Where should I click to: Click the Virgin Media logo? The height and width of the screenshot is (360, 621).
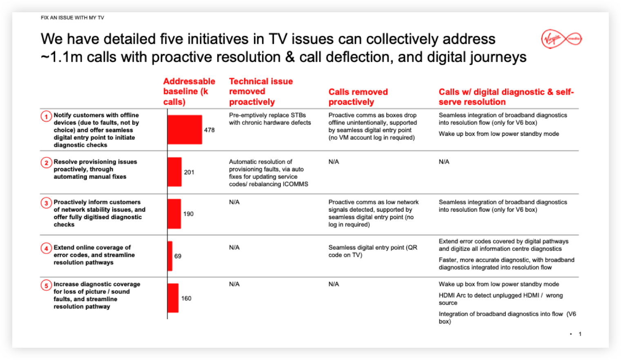tap(561, 39)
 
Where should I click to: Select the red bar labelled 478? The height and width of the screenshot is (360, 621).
tap(185, 130)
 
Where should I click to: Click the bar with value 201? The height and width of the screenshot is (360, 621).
tap(175, 172)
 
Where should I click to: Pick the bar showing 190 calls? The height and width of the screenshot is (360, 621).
tap(174, 214)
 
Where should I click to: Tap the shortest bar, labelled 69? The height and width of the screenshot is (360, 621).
tap(170, 256)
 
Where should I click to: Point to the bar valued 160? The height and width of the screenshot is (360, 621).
tap(173, 298)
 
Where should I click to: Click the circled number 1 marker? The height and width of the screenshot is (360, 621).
tap(46, 116)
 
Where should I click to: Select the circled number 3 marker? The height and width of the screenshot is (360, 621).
tap(46, 203)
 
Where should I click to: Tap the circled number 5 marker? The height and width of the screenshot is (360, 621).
tap(46, 285)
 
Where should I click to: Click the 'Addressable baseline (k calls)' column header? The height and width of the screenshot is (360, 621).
tap(189, 91)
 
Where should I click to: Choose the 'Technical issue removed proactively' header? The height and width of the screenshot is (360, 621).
tap(260, 91)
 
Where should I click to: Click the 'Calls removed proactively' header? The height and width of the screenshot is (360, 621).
tap(358, 97)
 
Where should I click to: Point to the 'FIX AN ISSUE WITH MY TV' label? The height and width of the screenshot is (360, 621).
tap(72, 18)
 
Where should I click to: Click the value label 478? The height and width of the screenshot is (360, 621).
tap(209, 130)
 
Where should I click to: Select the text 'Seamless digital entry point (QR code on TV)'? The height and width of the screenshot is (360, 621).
tap(372, 251)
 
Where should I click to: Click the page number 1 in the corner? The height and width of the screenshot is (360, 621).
tap(580, 334)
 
